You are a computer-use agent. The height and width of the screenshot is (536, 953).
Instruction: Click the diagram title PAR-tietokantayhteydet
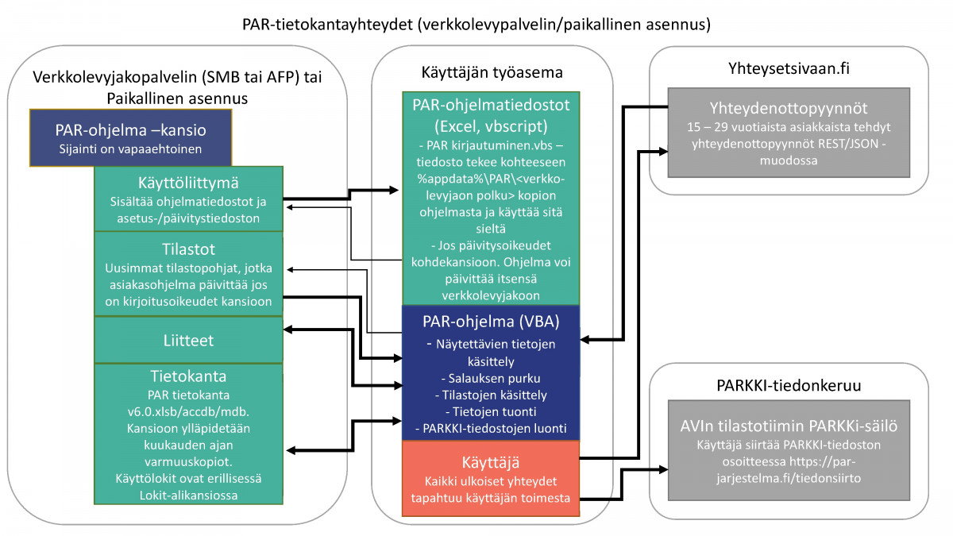coord(476,25)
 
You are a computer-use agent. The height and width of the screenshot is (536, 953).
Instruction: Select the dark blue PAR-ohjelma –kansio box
coord(131,137)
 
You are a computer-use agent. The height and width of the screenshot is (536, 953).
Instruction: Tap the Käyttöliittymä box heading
coord(188,183)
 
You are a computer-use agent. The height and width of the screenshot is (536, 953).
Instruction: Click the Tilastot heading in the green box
coord(188,248)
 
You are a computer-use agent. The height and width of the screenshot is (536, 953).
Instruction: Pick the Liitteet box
coord(188,339)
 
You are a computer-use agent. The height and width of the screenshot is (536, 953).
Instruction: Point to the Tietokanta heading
coord(188,376)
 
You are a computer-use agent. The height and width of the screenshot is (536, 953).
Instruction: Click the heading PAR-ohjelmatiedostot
coord(491,105)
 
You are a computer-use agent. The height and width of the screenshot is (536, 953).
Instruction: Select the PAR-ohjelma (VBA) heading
coord(491,322)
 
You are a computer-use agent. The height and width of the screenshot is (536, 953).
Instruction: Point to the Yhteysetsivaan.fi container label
coord(789,69)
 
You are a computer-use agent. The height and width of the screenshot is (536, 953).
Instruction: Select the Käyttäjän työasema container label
coord(492,72)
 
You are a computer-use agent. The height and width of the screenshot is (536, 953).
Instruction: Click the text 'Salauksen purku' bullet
coord(491,377)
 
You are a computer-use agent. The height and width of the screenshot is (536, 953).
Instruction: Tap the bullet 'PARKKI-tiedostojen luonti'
coord(491,428)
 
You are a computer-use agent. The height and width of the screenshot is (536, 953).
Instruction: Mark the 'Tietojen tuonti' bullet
coord(491,411)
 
